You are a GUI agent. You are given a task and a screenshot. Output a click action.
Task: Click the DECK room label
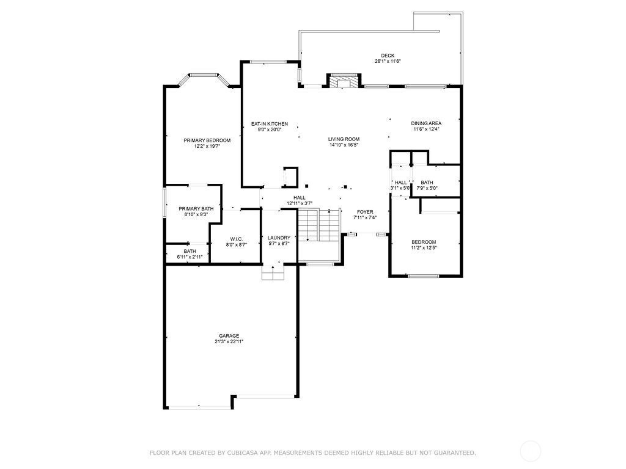387,55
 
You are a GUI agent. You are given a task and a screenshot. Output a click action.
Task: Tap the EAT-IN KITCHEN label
270,124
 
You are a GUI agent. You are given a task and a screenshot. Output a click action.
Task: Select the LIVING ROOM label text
344,139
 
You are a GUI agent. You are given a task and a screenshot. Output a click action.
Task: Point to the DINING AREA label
426,123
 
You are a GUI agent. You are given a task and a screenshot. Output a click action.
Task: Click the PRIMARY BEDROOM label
207,140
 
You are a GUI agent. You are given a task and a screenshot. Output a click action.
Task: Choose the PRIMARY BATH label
196,209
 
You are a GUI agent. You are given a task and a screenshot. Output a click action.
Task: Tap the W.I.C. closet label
237,239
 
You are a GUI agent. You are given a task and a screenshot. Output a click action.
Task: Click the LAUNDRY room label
279,238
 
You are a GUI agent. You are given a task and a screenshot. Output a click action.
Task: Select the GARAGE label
229,335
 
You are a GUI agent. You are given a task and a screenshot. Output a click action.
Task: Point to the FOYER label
365,212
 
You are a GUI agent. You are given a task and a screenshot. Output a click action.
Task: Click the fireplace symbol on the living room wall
344,81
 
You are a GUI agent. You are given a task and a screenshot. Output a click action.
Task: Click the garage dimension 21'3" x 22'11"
229,341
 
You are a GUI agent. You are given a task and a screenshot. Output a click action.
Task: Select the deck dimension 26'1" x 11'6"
387,61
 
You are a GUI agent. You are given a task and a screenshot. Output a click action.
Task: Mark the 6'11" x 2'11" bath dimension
190,257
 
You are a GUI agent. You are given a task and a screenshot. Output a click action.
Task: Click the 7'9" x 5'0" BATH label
427,183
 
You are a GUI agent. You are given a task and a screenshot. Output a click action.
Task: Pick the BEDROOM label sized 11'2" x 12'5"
424,242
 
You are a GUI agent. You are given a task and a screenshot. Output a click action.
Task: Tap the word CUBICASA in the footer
241,453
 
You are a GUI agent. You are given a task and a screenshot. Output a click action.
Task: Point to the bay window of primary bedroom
203,76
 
